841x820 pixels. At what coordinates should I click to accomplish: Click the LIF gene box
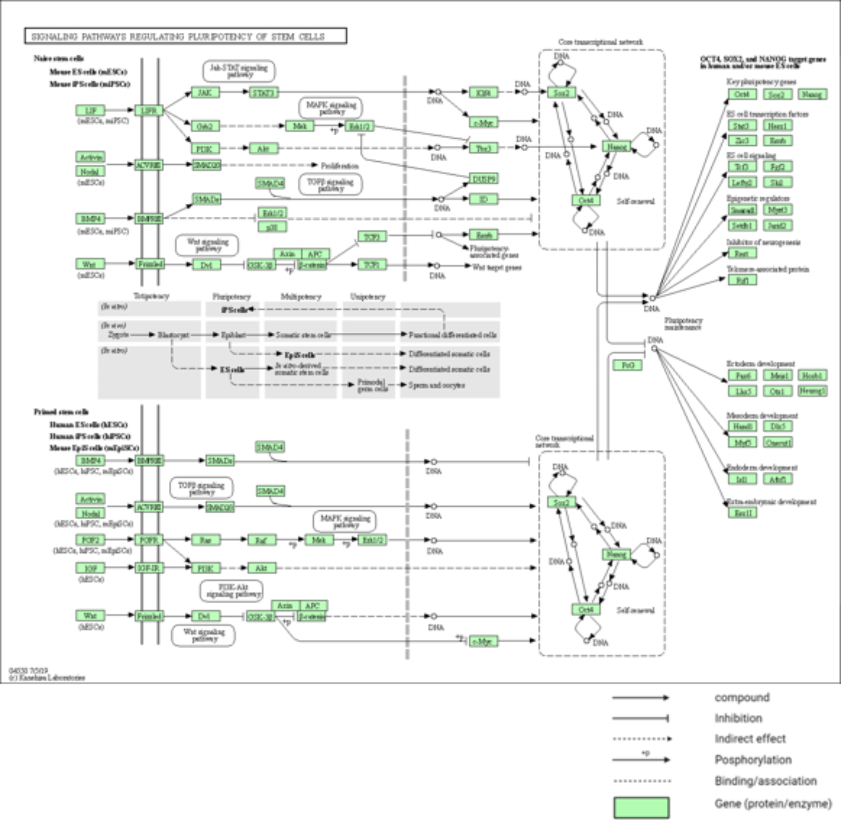point(90,110)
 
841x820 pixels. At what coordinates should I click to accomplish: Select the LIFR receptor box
point(149,110)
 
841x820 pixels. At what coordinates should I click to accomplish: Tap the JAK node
point(205,92)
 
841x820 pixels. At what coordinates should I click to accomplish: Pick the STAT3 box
point(263,92)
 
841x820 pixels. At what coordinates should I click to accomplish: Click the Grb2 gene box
point(205,126)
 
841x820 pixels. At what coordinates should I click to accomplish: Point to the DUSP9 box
point(484,178)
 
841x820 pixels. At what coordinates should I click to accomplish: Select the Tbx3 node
point(484,148)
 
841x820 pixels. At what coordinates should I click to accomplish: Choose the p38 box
point(272,227)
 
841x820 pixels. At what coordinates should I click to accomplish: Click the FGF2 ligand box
point(90,540)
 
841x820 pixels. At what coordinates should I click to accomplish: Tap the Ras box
point(205,540)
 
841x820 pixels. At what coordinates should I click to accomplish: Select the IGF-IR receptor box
point(149,568)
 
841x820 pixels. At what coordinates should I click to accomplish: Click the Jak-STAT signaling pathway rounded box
point(239,71)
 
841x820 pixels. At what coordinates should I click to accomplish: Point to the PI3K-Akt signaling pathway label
point(232,590)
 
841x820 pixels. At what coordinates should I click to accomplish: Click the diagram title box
point(186,36)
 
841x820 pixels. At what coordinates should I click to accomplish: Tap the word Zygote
point(119,335)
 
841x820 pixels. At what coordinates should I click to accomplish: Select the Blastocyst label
point(173,335)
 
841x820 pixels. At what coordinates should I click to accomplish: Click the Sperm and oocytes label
point(436,385)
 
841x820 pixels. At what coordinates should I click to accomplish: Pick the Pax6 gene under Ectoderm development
point(743,375)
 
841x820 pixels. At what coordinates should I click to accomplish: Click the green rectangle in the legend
point(641,807)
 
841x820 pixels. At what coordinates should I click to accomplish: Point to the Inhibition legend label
point(738,718)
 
